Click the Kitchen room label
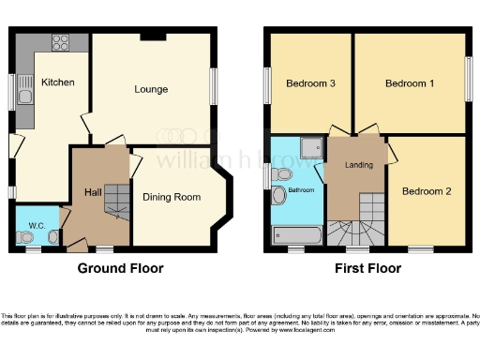point(58,82)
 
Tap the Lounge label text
point(151,90)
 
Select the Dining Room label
point(172,197)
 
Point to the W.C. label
point(37,225)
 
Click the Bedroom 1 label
point(410,84)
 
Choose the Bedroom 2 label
point(427,191)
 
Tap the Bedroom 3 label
point(311,84)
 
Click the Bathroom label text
point(301,190)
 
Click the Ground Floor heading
point(120,268)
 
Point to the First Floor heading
point(368,268)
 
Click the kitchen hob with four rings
point(61,41)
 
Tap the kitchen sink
point(24,91)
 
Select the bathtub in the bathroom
point(296,234)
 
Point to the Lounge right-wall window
point(214,86)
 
